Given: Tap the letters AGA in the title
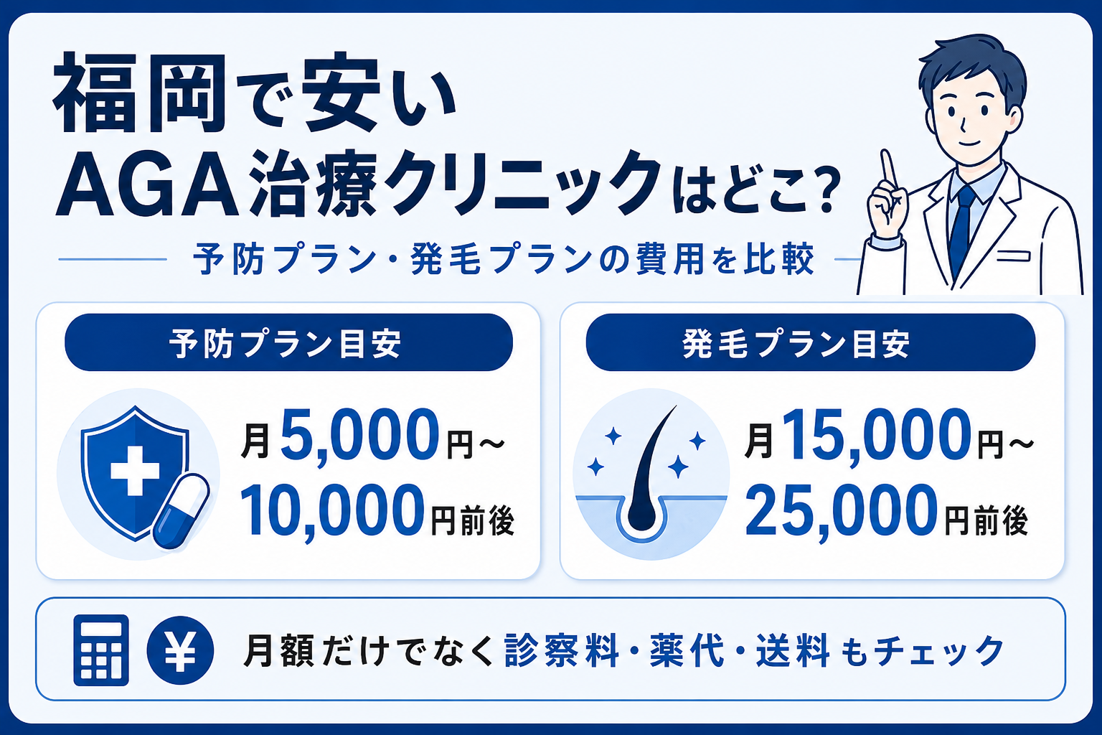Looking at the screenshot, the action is click(x=147, y=187).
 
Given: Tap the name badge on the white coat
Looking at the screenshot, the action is click(x=1014, y=256).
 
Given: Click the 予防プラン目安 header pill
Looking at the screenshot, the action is click(x=289, y=342).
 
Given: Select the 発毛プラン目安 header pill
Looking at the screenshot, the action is click(x=810, y=342).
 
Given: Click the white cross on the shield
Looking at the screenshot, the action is click(x=135, y=471).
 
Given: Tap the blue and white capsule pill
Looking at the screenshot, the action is click(x=181, y=511).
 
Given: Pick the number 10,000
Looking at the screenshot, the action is click(x=333, y=510).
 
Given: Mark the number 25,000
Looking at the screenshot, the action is click(x=842, y=510).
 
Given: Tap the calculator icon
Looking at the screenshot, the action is click(x=101, y=650).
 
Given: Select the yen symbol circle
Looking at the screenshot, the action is click(x=180, y=650).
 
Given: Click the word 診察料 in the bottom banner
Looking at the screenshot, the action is click(x=561, y=650).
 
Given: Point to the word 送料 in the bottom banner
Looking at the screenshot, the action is click(x=791, y=650).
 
